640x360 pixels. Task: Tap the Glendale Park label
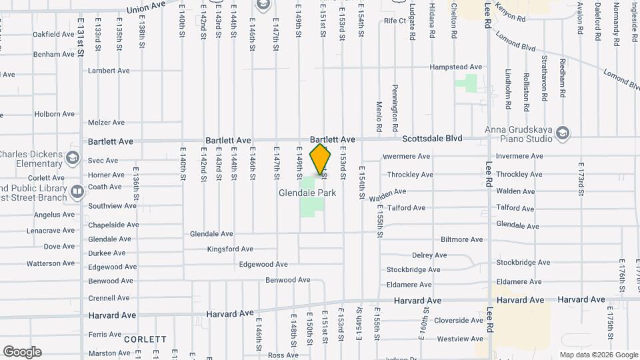[307, 193]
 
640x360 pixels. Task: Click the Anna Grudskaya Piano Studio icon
[562, 131]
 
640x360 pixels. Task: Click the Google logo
[22, 352]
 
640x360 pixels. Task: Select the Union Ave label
[146, 7]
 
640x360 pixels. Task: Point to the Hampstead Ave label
[456, 67]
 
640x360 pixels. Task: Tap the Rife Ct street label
[395, 21]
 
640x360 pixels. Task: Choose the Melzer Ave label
[107, 123]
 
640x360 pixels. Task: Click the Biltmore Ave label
[461, 239]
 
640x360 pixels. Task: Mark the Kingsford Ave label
[230, 249]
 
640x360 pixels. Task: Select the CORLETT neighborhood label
[145, 339]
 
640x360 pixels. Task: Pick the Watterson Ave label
[51, 263]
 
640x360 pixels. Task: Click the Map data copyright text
[598, 355]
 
